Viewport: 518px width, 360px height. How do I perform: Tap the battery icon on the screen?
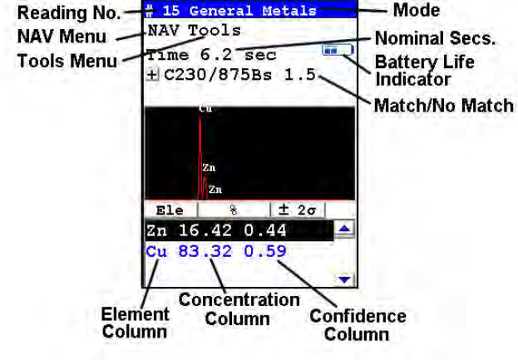click(x=338, y=51)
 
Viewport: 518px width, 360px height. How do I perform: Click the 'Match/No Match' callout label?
click(x=443, y=107)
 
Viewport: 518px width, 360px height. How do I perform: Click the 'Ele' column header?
click(x=170, y=210)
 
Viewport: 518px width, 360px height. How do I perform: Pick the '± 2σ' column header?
click(x=297, y=210)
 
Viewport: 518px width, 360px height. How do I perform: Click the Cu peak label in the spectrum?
click(x=204, y=109)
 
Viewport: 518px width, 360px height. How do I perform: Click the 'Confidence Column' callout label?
click(x=358, y=325)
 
